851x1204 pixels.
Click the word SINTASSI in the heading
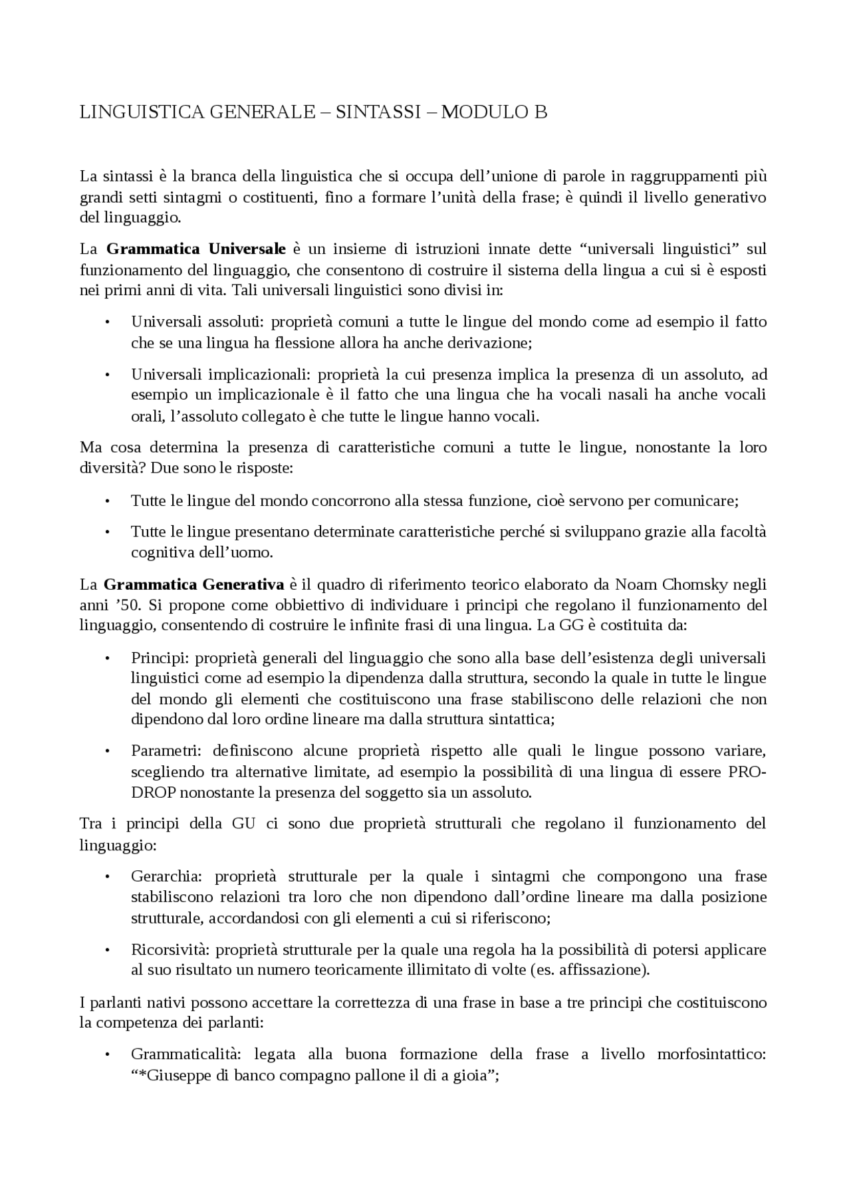[378, 112]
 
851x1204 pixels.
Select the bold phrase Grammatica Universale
[196, 249]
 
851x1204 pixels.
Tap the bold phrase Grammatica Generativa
[194, 585]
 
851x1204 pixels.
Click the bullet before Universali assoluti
[106, 322]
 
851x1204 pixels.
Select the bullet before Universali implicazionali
[106, 375]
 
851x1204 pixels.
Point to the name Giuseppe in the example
[179, 1076]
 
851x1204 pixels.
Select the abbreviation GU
[243, 824]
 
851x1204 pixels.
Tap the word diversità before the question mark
[110, 469]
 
